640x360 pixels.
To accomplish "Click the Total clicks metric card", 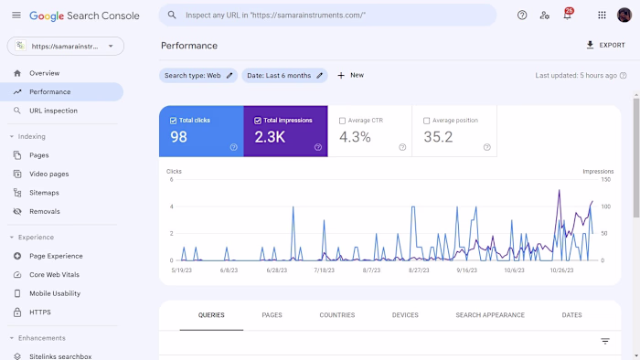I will coord(201,131).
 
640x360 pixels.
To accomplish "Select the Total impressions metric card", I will coord(285,131).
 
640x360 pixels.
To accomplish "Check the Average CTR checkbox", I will coord(342,121).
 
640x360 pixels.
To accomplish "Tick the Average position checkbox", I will coord(427,121).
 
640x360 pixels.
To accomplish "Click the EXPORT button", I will coord(605,45).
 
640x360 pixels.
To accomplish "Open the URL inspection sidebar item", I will coord(53,111).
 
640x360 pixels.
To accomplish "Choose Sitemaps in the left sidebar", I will coord(44,193).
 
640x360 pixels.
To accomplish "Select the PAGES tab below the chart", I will coord(272,315).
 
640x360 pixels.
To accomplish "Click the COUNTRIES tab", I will coord(336,315).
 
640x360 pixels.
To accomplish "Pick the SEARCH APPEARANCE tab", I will coord(490,315).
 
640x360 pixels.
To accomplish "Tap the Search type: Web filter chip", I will coord(198,76).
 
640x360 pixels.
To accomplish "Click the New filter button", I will coord(350,76).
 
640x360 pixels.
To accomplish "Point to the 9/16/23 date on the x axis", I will coord(466,270).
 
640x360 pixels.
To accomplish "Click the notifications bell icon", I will coord(567,16).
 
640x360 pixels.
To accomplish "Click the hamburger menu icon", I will coord(16,16).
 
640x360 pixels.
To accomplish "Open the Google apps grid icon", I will coord(602,16).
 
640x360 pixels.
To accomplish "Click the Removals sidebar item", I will coord(44,211).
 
